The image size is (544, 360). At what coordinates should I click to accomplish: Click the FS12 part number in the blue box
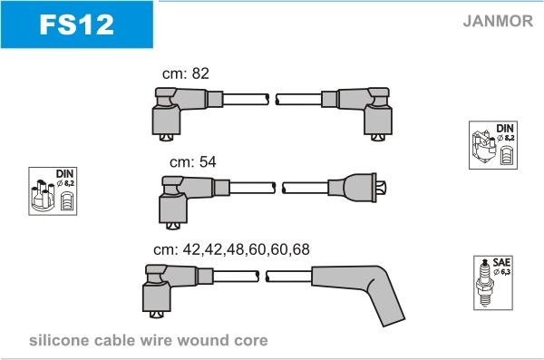point(77,24)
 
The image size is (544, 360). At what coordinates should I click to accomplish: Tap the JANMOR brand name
point(498,21)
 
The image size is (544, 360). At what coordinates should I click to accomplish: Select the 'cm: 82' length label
point(186,73)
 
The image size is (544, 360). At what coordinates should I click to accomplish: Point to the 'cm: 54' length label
point(193,161)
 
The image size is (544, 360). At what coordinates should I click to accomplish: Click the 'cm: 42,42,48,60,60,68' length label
point(231,249)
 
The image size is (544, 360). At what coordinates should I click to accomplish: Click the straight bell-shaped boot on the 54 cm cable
point(357,188)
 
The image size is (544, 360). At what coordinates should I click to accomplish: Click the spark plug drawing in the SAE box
point(485,283)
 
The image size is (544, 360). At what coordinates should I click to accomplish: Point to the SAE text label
point(501,262)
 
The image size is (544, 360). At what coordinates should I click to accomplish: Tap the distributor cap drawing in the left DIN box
point(43,196)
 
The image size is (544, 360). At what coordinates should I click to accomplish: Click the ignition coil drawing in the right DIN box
point(483,147)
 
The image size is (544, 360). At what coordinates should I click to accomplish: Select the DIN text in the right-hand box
point(505,129)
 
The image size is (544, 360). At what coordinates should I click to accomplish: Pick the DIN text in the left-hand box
point(64,173)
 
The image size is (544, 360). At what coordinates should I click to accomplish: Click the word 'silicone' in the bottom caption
point(59,340)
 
